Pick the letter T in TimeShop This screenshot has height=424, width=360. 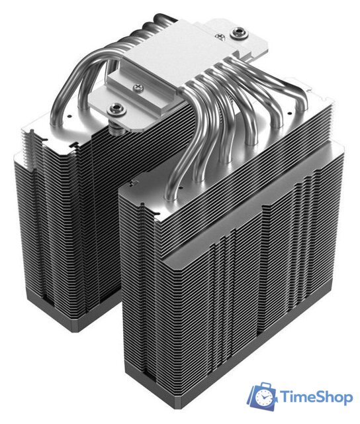[x=284, y=396]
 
